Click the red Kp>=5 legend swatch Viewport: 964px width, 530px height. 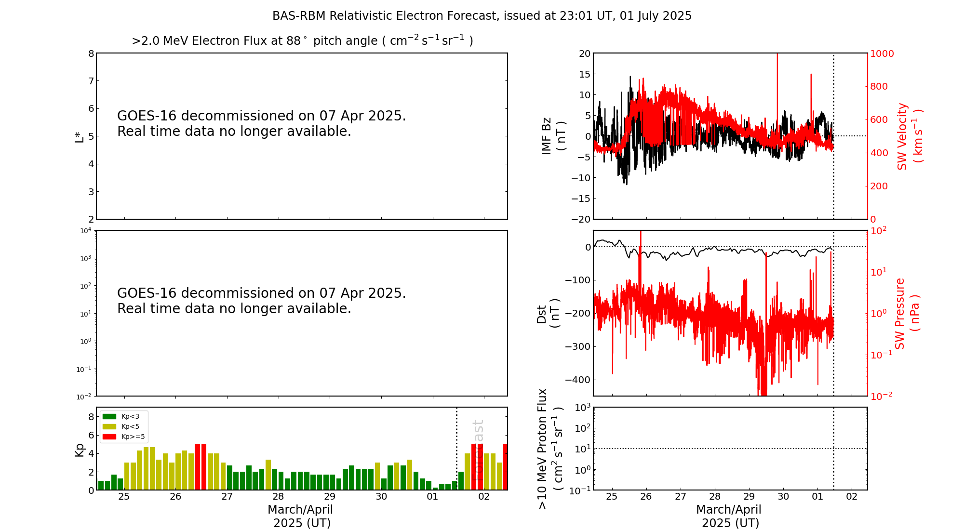[x=109, y=437]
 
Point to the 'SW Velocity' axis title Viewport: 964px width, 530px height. [x=902, y=136]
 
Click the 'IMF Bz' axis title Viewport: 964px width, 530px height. [x=547, y=136]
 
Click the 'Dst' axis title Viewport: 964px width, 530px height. [x=542, y=313]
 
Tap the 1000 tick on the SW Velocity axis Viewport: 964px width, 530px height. [x=882, y=53]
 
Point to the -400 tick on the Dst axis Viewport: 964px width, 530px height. [x=578, y=380]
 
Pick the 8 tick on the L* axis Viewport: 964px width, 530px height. [x=91, y=53]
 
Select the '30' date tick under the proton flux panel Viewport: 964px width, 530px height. [x=783, y=497]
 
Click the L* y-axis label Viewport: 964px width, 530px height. [x=79, y=136]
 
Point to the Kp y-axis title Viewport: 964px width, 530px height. [x=79, y=450]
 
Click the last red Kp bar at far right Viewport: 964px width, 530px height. [x=505, y=467]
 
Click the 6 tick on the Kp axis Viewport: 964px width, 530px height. [x=91, y=435]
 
